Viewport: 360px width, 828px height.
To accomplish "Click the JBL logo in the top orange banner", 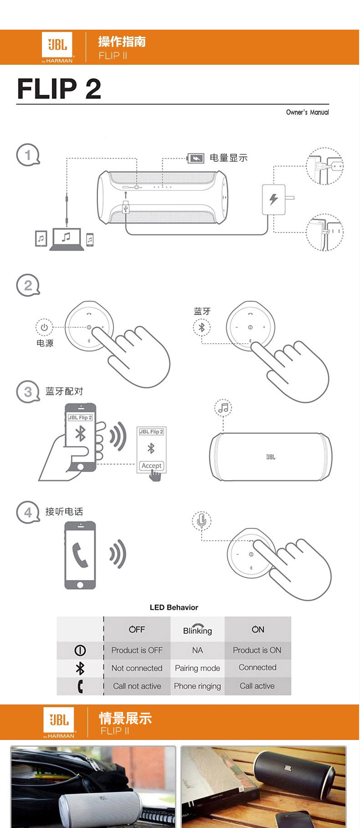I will click(57, 45).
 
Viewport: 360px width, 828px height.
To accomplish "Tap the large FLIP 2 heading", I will click(59, 88).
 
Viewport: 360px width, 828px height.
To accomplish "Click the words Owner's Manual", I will click(307, 112).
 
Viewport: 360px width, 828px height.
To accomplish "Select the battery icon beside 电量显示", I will click(195, 158).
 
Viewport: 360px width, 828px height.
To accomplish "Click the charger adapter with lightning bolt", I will click(273, 199).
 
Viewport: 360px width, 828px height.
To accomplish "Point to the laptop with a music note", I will click(67, 238).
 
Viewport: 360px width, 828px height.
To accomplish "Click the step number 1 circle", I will click(28, 155).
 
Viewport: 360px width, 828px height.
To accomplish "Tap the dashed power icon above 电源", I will click(44, 327).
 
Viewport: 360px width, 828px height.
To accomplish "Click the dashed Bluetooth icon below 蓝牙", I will click(201, 327).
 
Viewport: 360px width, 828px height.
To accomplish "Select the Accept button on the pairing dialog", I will click(151, 466).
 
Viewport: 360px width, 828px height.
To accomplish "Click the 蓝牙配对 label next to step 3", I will click(64, 391).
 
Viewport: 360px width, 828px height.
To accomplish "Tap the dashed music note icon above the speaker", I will click(223, 408).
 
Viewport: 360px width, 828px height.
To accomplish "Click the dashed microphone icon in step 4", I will click(201, 520).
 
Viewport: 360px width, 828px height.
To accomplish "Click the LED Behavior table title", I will click(174, 607).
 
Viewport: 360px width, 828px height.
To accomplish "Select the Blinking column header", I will click(197, 630).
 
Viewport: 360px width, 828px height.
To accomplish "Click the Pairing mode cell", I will click(197, 668).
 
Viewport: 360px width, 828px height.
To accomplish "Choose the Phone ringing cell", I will click(197, 686).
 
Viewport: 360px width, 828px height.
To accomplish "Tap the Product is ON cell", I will click(257, 650).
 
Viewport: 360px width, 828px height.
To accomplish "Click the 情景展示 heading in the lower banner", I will click(125, 719).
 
